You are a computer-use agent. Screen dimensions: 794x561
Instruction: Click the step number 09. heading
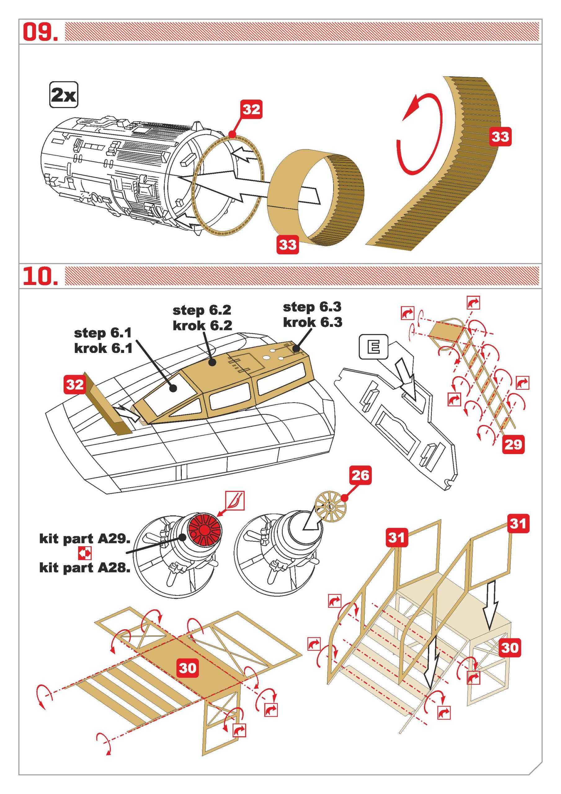tap(40, 32)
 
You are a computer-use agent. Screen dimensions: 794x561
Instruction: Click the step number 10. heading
tap(40, 275)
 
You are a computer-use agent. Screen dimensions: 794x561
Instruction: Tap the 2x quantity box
tap(64, 94)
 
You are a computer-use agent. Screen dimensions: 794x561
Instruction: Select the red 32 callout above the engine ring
tap(251, 110)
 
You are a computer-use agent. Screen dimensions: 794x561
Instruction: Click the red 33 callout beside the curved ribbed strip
tap(500, 136)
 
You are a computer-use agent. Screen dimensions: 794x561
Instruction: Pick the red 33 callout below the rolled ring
tap(287, 245)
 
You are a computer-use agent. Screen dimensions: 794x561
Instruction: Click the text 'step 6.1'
tap(103, 333)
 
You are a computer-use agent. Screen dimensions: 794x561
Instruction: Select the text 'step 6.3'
tap(312, 307)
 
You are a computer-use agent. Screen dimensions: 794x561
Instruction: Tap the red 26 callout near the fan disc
tap(360, 476)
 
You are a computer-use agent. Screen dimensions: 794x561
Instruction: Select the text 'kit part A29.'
tap(85, 539)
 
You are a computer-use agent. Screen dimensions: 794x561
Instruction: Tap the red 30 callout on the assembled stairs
tap(510, 648)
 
